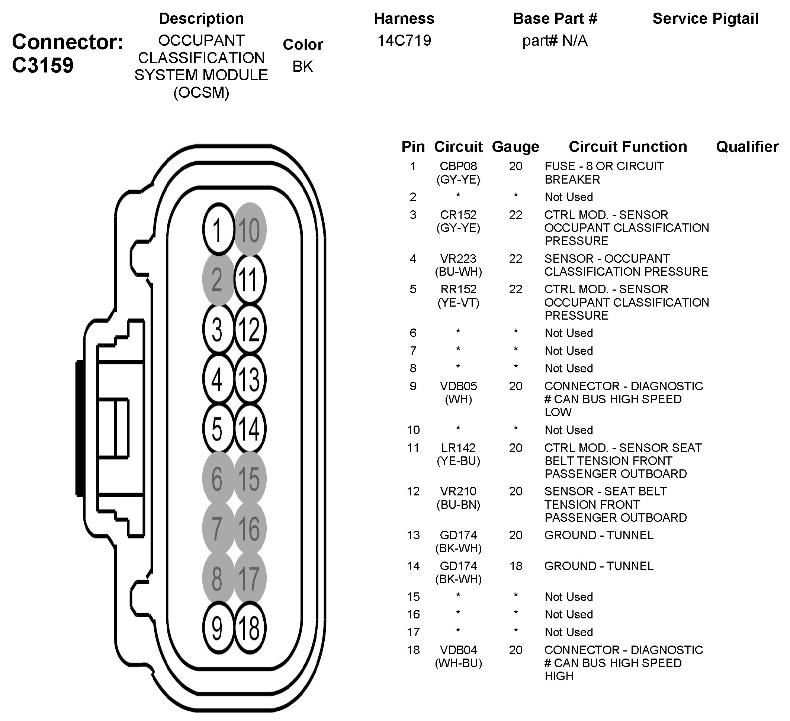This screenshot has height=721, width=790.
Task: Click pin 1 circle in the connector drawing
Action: tap(218, 230)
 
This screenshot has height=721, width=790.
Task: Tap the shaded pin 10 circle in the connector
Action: tap(250, 230)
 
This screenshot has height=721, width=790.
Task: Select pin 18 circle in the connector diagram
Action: tap(250, 628)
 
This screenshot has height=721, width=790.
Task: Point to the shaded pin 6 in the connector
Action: tap(218, 479)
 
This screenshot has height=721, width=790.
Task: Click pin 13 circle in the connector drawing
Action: tap(250, 379)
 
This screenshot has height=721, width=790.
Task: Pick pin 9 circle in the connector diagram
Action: tap(218, 628)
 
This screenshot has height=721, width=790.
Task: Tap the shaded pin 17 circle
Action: tap(250, 578)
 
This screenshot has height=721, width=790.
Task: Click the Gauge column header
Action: tap(515, 147)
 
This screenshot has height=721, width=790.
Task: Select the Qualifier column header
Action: tap(747, 147)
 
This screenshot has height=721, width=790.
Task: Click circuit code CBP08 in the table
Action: tap(458, 166)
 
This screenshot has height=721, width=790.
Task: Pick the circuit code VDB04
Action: tap(458, 650)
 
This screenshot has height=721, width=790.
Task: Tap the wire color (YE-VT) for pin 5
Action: tap(458, 303)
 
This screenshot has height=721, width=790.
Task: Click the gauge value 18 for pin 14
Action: tap(516, 566)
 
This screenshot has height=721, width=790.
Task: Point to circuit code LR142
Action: tap(458, 447)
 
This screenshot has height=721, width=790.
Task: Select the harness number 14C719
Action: tap(404, 41)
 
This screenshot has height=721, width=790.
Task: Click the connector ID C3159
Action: tap(43, 65)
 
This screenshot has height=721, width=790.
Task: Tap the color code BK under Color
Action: tap(302, 67)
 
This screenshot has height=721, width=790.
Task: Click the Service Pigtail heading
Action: tap(705, 19)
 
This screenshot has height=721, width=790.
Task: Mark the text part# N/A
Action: tap(555, 41)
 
